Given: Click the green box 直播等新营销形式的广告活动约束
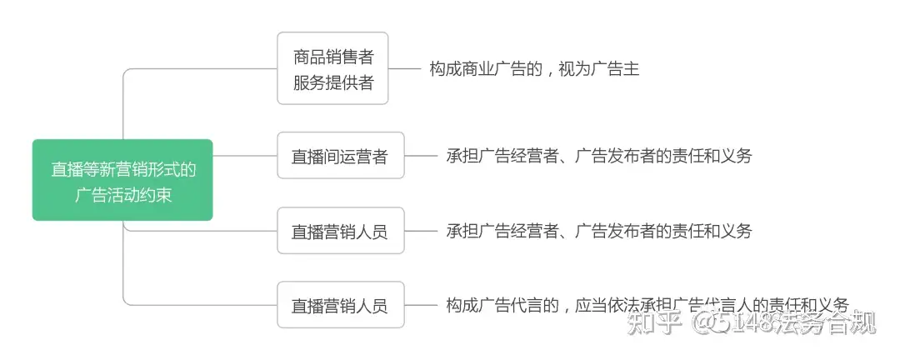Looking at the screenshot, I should (x=122, y=180).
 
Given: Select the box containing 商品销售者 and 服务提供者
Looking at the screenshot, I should (x=332, y=68).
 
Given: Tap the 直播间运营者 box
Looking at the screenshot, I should (x=340, y=156).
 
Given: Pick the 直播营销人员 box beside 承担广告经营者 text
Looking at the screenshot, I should (x=340, y=230).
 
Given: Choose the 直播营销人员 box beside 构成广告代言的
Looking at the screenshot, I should (x=340, y=305).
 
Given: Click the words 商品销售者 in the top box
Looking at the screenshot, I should (x=333, y=57).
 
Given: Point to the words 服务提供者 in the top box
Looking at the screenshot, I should (x=333, y=82).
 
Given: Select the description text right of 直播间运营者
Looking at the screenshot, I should (x=598, y=156).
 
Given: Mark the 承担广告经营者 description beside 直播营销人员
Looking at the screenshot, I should (x=598, y=230).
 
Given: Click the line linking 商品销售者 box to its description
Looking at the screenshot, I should (x=404, y=68).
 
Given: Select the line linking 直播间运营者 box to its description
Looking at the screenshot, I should (x=421, y=156).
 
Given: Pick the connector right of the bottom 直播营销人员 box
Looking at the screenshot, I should (x=421, y=305).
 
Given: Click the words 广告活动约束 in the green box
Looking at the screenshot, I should (x=122, y=195).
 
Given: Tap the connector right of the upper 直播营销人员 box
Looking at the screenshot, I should (x=421, y=230).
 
